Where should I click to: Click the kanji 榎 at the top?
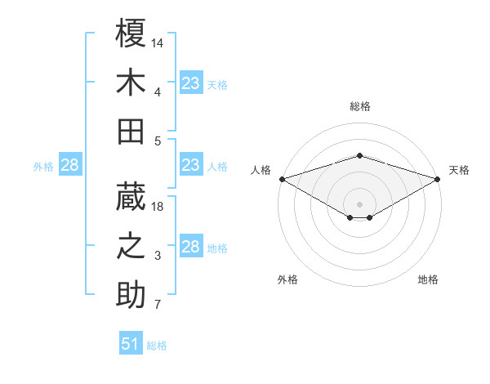click(131, 33)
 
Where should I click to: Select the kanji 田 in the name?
click(131, 131)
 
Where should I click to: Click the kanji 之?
click(131, 246)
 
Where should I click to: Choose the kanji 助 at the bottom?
click(131, 295)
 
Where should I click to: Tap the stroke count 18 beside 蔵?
click(158, 207)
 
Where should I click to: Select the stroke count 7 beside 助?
click(158, 306)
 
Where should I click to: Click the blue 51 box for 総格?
click(131, 344)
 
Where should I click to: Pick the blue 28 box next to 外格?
click(69, 166)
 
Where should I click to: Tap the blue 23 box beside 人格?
click(190, 166)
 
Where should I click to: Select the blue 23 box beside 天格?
click(190, 83)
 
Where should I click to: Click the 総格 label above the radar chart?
click(360, 106)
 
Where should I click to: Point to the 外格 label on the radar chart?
click(287, 279)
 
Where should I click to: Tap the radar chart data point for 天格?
click(439, 179)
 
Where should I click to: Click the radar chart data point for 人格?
click(282, 179)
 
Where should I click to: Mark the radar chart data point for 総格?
click(360, 156)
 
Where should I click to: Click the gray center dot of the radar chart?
click(360, 203)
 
